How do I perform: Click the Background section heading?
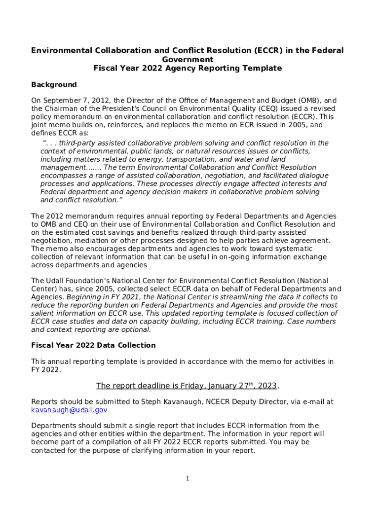(54, 85)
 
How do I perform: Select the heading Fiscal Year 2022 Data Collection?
(93, 345)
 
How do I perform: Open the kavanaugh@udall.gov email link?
(69, 410)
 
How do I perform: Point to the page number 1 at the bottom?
(188, 478)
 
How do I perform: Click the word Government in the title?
(188, 59)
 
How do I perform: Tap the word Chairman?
(61, 108)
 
